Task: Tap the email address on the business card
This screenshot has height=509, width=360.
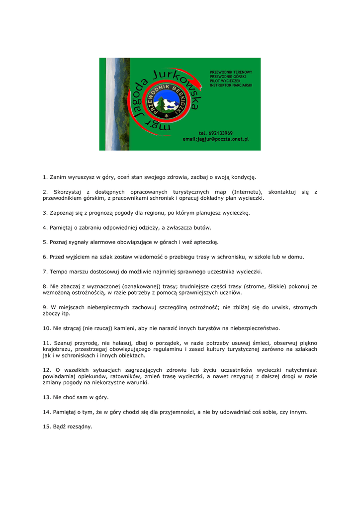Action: tap(215, 139)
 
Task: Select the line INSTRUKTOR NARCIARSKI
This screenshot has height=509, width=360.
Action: tap(231, 85)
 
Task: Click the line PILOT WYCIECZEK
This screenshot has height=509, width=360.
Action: tap(225, 81)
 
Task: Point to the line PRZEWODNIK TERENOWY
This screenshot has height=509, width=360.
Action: tap(231, 72)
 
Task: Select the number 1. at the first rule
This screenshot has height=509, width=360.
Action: tap(45, 177)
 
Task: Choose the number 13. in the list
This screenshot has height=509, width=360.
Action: tap(47, 398)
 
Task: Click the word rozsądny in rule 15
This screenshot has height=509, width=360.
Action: tap(80, 427)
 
